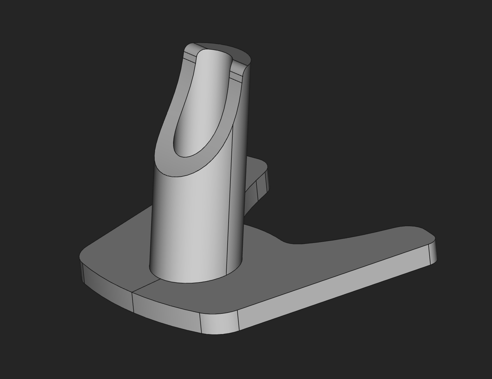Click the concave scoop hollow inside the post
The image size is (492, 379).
click(203, 104)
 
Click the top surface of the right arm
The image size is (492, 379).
click(365, 250)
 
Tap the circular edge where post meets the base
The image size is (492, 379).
click(190, 283)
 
